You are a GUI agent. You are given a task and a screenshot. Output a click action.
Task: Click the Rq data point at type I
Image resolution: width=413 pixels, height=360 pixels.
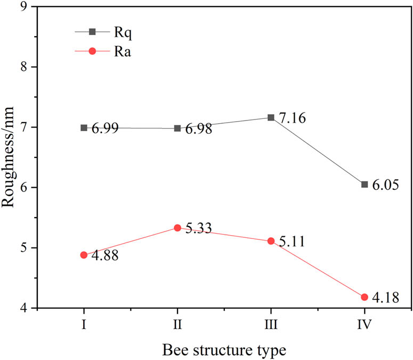pos(84,128)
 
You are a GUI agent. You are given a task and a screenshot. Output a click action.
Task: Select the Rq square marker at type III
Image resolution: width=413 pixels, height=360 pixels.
pos(271,117)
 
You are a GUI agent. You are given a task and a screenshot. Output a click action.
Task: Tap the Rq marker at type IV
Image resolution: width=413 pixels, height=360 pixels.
pos(365,185)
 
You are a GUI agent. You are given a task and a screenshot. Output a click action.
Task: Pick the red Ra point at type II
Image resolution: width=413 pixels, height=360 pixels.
pos(177,228)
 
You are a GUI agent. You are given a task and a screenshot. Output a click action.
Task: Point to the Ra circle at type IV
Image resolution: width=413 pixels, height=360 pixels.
pos(365,297)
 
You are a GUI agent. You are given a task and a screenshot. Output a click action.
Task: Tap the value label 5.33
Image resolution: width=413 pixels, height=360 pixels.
pos(200,229)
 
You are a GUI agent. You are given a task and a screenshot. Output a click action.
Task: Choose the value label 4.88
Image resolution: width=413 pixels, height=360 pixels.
pos(106,257)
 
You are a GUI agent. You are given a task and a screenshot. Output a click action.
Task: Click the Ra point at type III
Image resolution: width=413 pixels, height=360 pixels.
pos(271,241)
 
